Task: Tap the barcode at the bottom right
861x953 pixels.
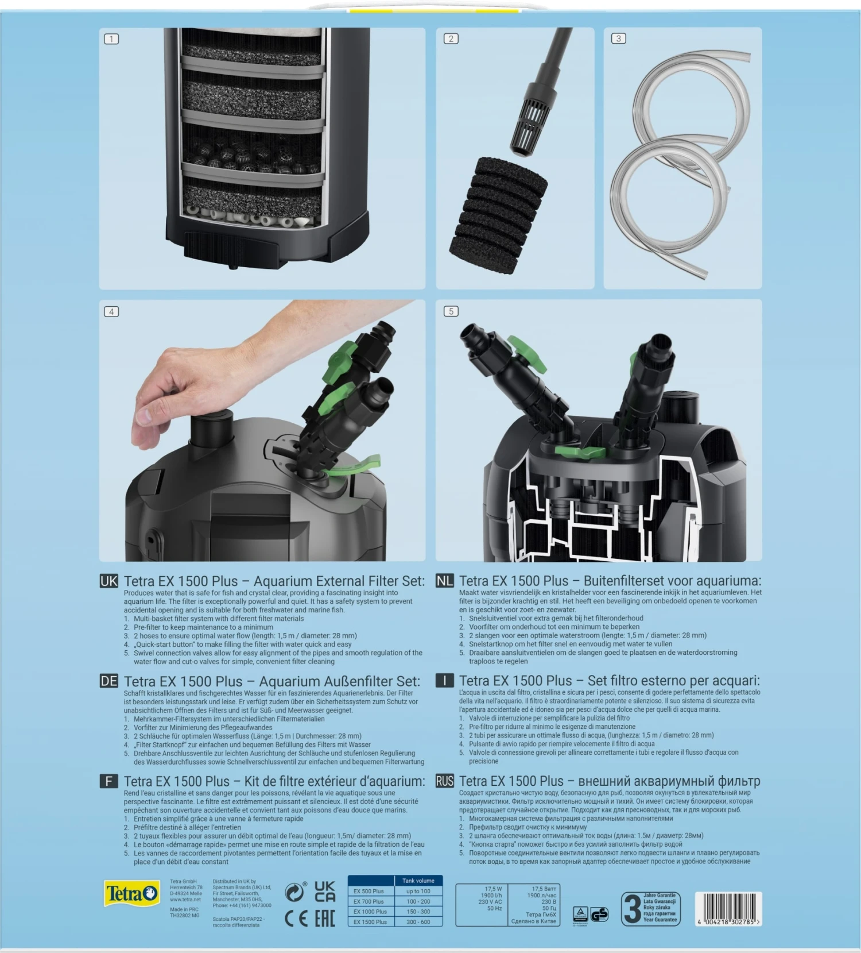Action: point(728,908)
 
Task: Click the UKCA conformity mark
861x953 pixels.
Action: point(325,891)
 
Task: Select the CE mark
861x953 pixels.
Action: point(296,918)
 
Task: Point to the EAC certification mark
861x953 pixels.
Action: point(325,918)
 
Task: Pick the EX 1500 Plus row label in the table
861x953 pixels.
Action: point(370,921)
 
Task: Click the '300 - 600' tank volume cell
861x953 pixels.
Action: point(418,921)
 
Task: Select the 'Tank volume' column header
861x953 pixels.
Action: point(418,881)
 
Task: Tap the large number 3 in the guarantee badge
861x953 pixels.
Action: point(632,909)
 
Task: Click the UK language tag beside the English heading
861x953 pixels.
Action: point(108,581)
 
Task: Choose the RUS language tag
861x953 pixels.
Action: point(444,781)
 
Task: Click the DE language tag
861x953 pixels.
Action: point(108,681)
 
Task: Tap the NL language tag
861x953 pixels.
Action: point(444,581)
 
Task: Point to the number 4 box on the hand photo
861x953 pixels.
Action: point(111,311)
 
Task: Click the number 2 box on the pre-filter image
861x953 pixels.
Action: point(451,38)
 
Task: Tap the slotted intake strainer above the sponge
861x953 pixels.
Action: point(529,126)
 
